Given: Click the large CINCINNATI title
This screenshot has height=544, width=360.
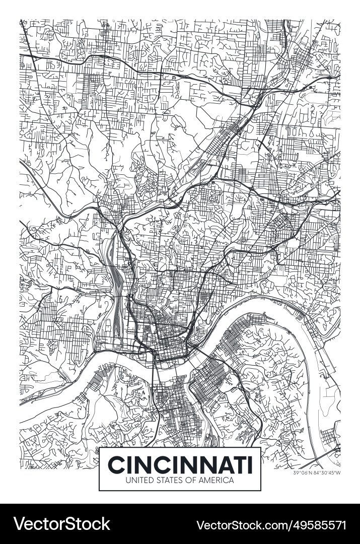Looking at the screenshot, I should [180, 464].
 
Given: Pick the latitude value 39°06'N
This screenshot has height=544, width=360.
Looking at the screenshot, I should [303, 472].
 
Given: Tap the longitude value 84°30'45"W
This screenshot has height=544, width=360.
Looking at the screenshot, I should [328, 472].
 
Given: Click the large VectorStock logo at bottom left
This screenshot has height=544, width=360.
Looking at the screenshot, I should [61, 524].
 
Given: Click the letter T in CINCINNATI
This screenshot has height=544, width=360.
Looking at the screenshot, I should [238, 464].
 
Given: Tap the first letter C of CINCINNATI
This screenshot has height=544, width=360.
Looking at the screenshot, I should [117, 464].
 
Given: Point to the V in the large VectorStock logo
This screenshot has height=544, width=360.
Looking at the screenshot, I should [20, 524].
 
